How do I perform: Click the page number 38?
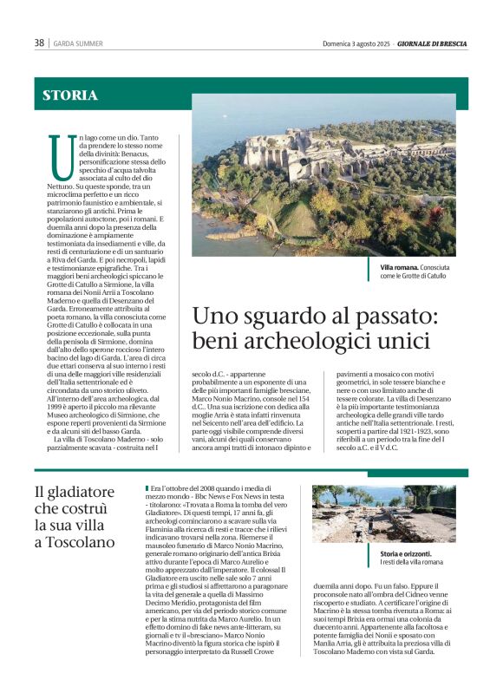(x=39, y=43)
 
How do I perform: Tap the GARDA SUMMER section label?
(x=79, y=43)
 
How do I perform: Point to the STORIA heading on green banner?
(x=70, y=96)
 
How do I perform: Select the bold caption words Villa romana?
(x=399, y=267)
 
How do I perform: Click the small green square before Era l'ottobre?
(x=148, y=488)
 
